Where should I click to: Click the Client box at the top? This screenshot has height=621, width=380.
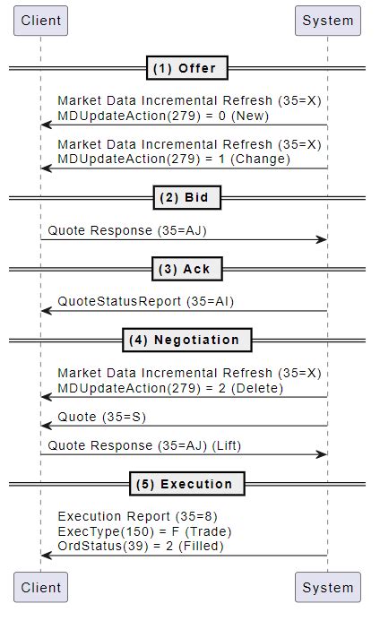[x=41, y=21]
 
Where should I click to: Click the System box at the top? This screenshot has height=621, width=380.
[x=328, y=21]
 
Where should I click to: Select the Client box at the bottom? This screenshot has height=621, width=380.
[x=41, y=587]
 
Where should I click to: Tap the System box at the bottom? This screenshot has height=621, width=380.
[x=328, y=587]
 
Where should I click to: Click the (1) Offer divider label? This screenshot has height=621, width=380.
[x=187, y=68]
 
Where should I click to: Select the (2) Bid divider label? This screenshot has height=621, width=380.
[x=187, y=198]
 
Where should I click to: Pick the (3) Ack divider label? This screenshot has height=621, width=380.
[x=187, y=269]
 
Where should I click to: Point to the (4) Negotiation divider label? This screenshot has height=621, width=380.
[x=187, y=340]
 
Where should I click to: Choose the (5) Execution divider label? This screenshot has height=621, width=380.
[x=187, y=484]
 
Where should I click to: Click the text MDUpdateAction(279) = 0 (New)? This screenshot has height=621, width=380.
[x=163, y=116]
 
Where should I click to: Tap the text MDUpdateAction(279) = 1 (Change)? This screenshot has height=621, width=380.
[x=174, y=159]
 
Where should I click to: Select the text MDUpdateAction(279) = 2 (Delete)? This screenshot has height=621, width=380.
[x=170, y=388]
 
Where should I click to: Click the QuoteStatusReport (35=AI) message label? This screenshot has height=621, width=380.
[x=146, y=301]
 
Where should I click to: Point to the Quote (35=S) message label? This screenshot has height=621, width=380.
[x=102, y=417]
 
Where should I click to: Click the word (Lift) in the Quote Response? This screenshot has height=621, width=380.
[x=227, y=445]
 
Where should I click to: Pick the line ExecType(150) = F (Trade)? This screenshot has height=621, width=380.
[x=144, y=531]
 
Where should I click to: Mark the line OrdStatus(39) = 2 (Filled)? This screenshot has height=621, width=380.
[x=141, y=546]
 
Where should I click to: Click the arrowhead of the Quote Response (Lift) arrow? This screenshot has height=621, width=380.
[x=322, y=454]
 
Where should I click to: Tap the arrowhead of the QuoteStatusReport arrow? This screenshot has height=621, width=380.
[x=47, y=311]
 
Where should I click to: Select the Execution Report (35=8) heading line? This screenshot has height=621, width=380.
[x=137, y=516]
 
